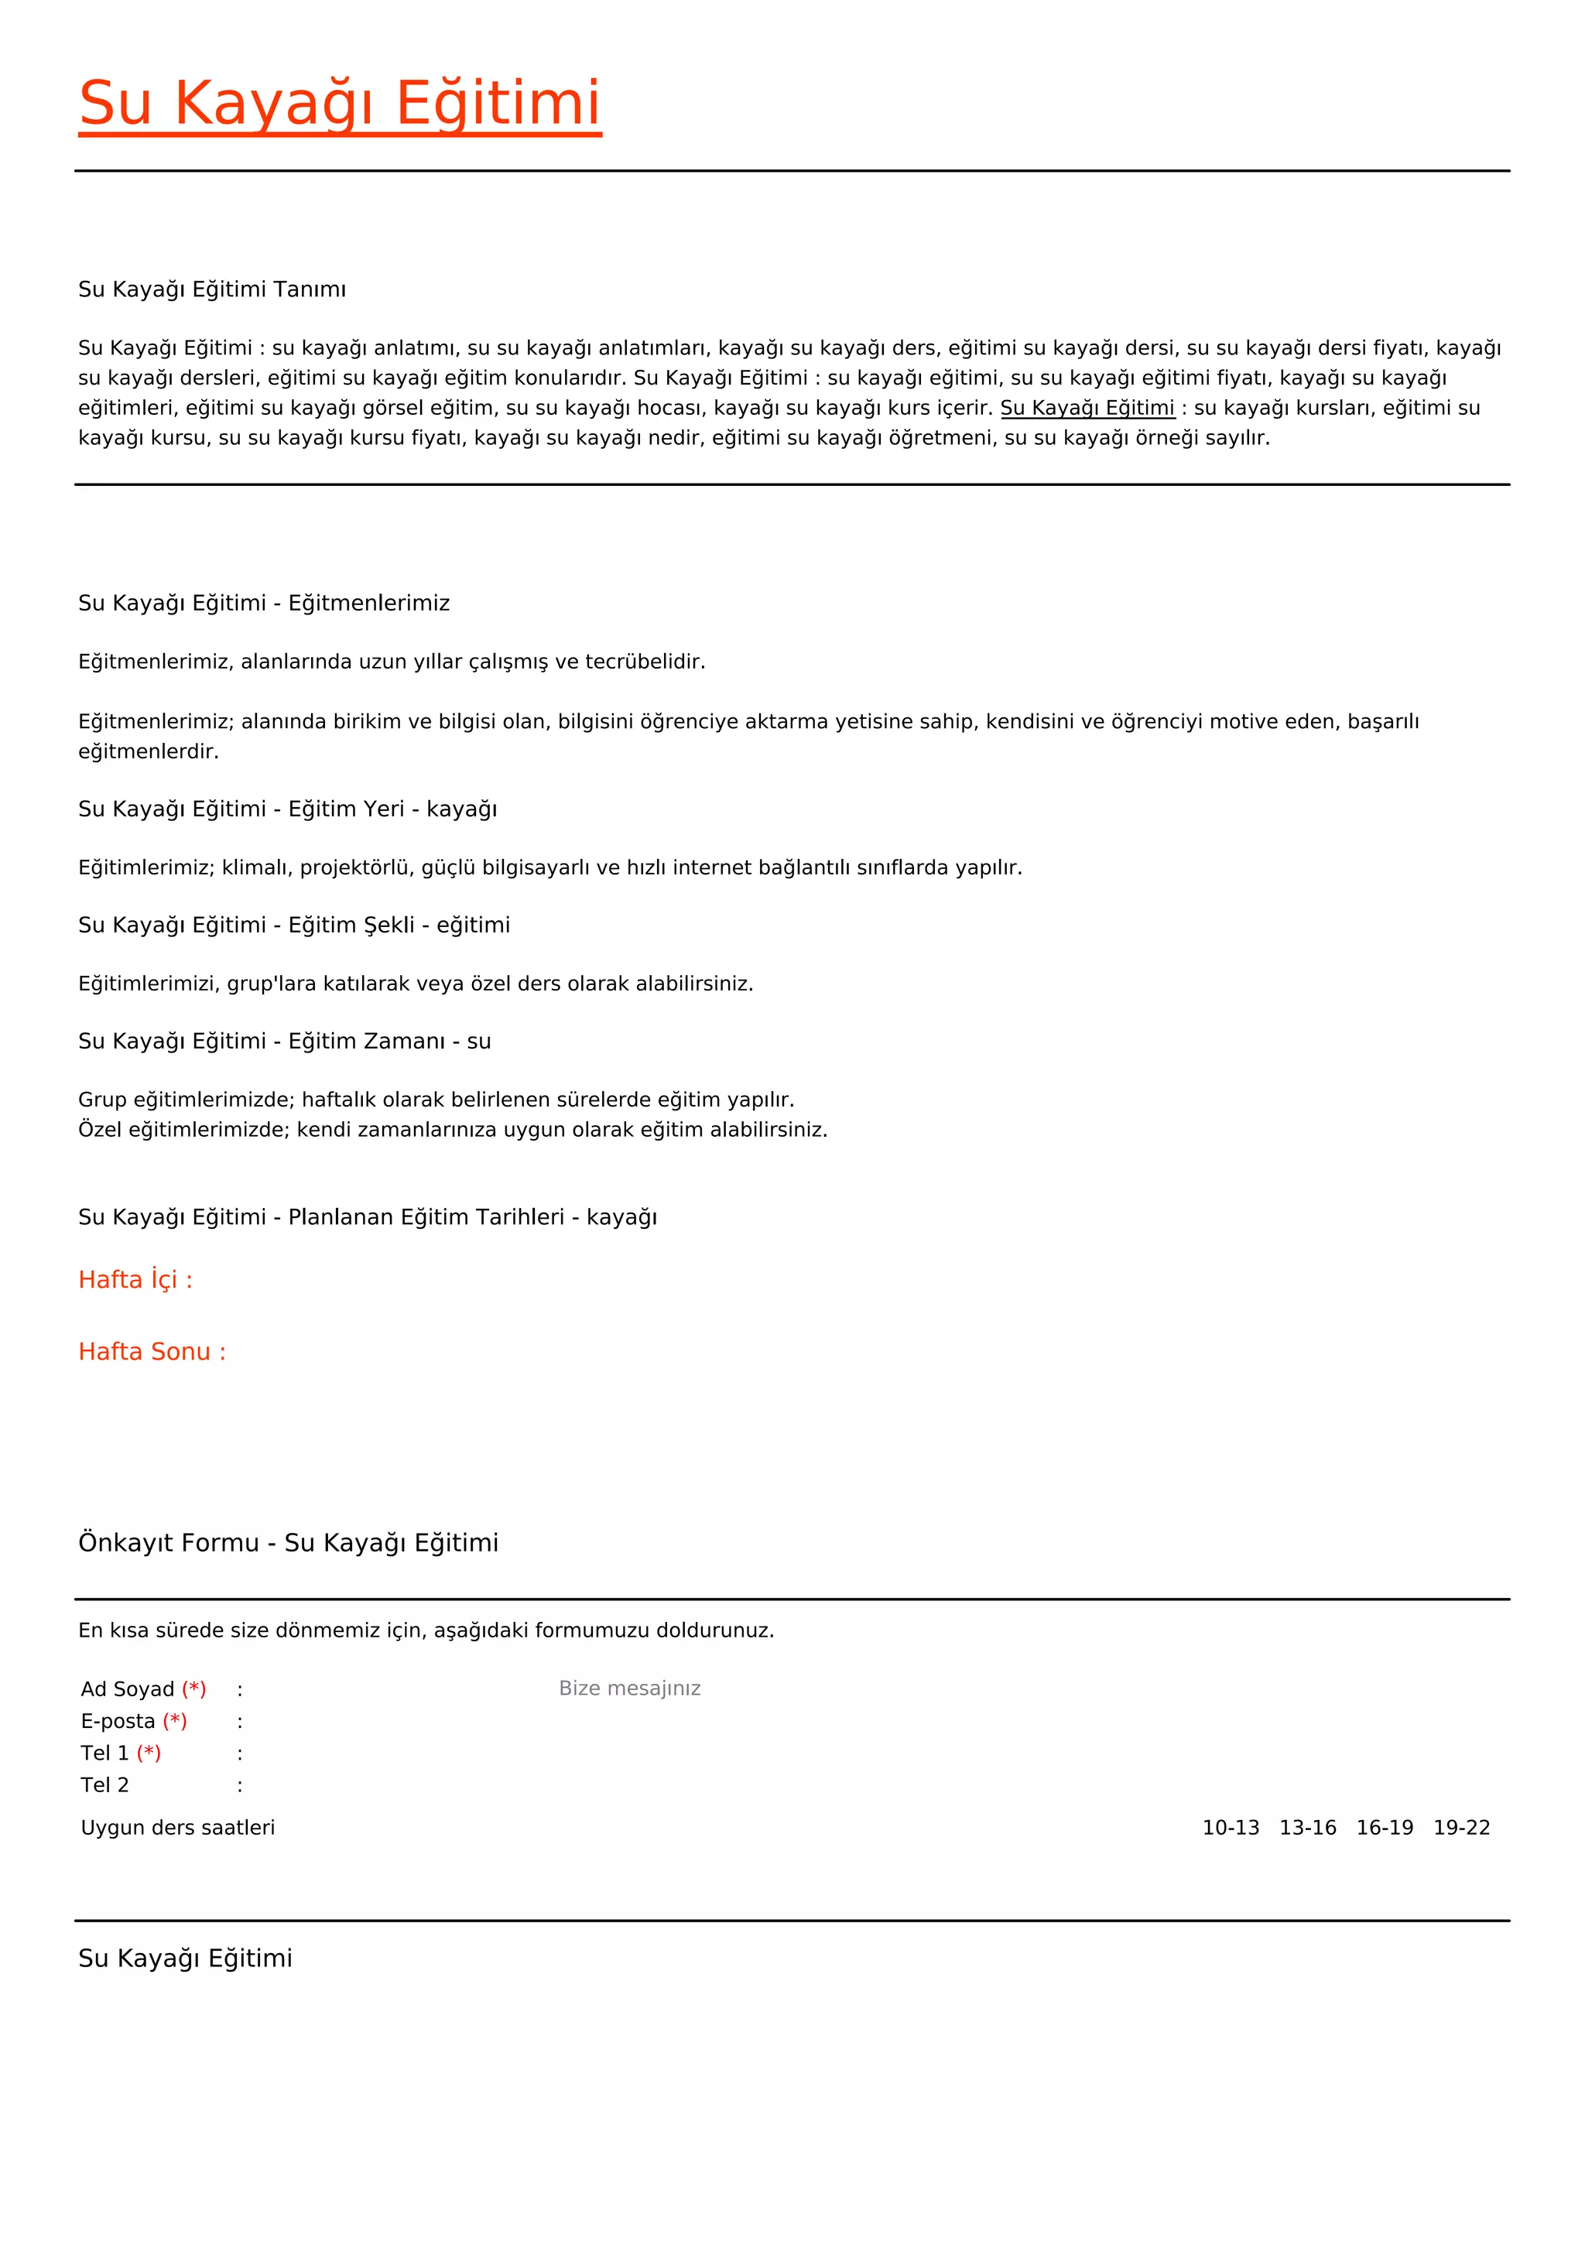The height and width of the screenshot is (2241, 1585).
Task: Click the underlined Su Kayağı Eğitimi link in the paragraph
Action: pos(1087,408)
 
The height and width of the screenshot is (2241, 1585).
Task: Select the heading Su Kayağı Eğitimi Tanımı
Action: pos(212,289)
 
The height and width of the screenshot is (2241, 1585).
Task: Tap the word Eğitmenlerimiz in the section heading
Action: pos(369,603)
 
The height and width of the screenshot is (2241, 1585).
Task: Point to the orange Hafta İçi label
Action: pos(135,1280)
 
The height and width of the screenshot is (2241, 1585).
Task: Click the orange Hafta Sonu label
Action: pos(151,1352)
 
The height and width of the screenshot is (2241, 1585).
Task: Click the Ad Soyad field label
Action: pos(128,1688)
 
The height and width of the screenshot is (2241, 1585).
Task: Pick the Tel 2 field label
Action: pos(105,1785)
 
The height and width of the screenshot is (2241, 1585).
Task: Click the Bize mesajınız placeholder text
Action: pos(629,1688)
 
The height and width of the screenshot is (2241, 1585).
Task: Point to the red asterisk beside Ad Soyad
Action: pos(194,1688)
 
